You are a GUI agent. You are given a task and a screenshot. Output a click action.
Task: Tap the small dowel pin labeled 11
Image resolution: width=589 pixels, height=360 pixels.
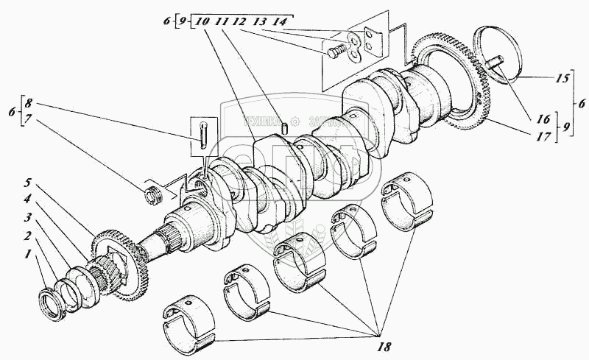[284, 127]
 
